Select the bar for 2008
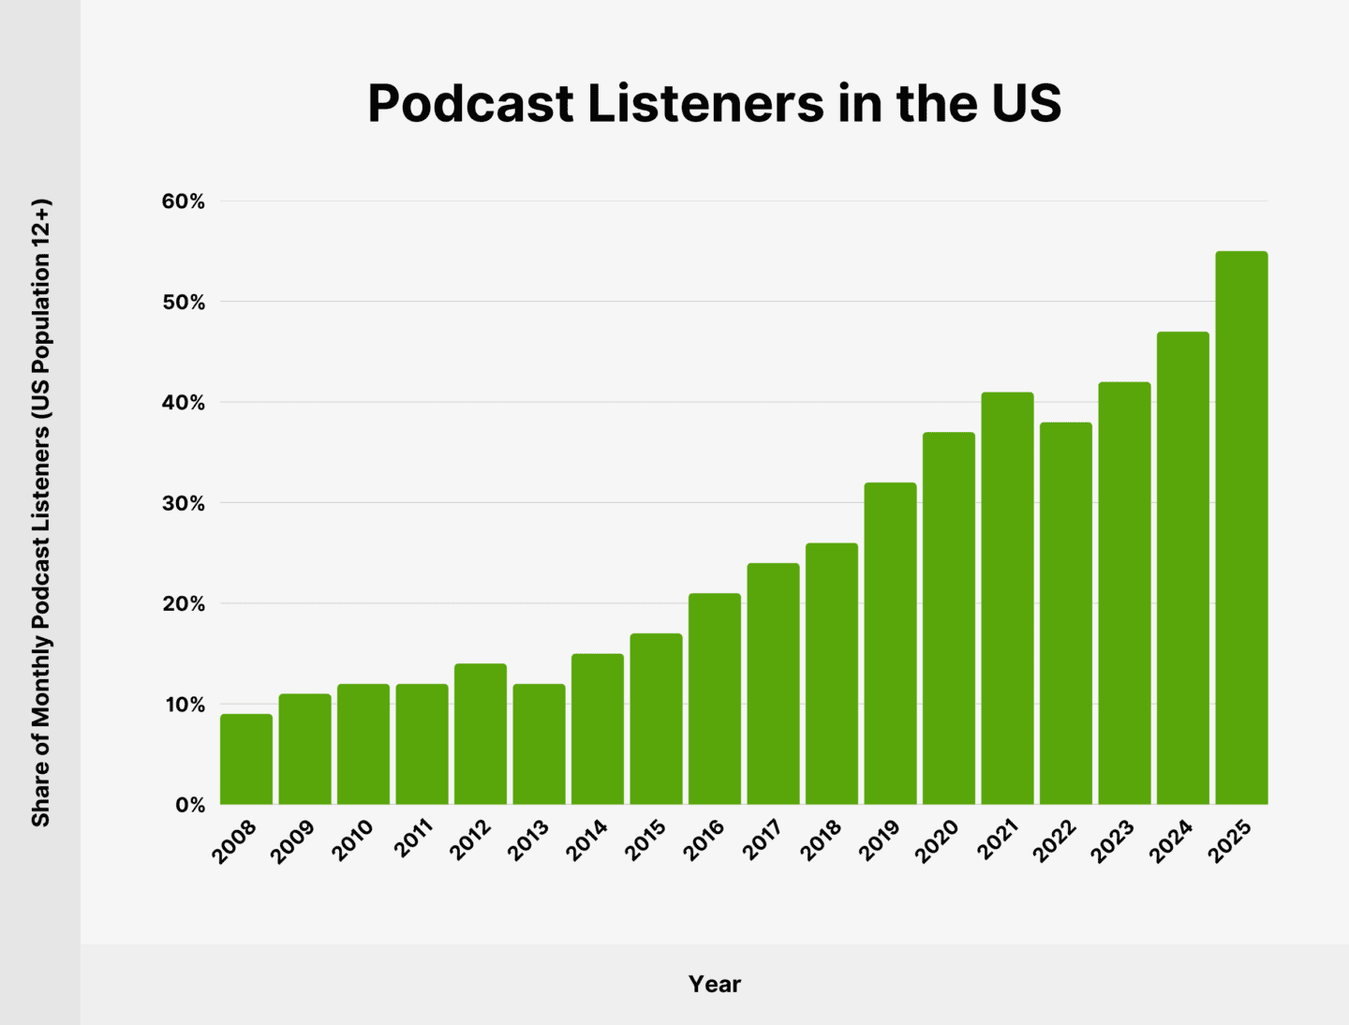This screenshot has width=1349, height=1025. click(246, 759)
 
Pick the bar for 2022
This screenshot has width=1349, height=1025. click(1066, 613)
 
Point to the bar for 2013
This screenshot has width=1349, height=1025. click(539, 744)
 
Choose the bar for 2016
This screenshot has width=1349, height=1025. click(715, 699)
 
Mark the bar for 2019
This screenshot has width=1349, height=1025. click(890, 644)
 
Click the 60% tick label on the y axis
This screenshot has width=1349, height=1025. click(183, 201)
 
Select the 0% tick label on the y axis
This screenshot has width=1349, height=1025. click(189, 805)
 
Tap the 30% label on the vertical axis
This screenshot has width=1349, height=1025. click(183, 503)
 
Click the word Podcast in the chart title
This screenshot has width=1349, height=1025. click(470, 103)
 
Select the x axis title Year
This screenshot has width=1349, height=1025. click(714, 984)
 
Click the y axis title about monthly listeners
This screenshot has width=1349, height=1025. click(41, 512)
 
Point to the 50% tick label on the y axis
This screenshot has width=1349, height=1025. click(183, 302)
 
